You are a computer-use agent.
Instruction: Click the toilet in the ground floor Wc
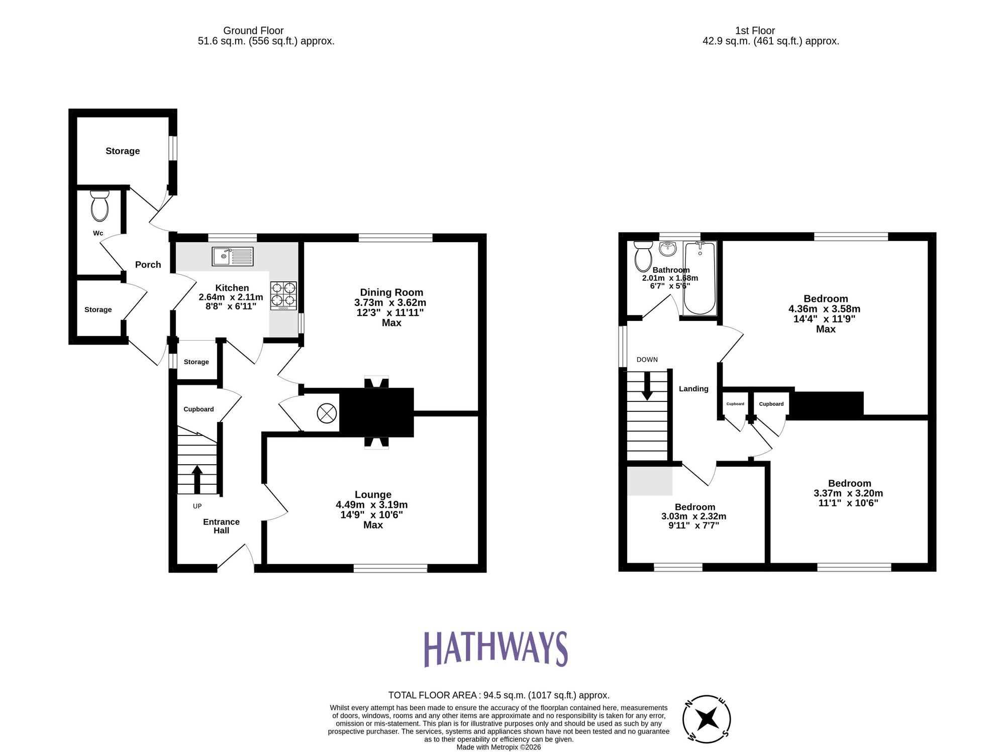(99, 206)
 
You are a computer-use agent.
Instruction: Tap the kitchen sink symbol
(233, 256)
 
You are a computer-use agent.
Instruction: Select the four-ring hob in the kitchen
(283, 295)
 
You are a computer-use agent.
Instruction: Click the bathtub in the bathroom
(699, 278)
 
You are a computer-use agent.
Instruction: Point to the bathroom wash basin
(668, 248)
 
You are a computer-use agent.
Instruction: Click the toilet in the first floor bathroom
(643, 256)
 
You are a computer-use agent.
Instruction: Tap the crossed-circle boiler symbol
(326, 414)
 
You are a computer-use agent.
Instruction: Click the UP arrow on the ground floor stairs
(197, 478)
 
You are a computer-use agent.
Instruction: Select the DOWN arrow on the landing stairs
(647, 386)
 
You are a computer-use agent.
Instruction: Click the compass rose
(707, 719)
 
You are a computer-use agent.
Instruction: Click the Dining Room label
(391, 292)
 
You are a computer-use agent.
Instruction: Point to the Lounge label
(373, 495)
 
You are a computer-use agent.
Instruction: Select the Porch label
(148, 265)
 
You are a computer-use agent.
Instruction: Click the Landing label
(693, 389)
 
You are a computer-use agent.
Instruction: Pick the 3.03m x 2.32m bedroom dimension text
(693, 516)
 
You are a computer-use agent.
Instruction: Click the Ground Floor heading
(253, 31)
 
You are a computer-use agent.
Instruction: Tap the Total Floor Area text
(498, 695)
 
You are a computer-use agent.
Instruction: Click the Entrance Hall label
(221, 526)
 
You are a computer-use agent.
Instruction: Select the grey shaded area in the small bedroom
(650, 480)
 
